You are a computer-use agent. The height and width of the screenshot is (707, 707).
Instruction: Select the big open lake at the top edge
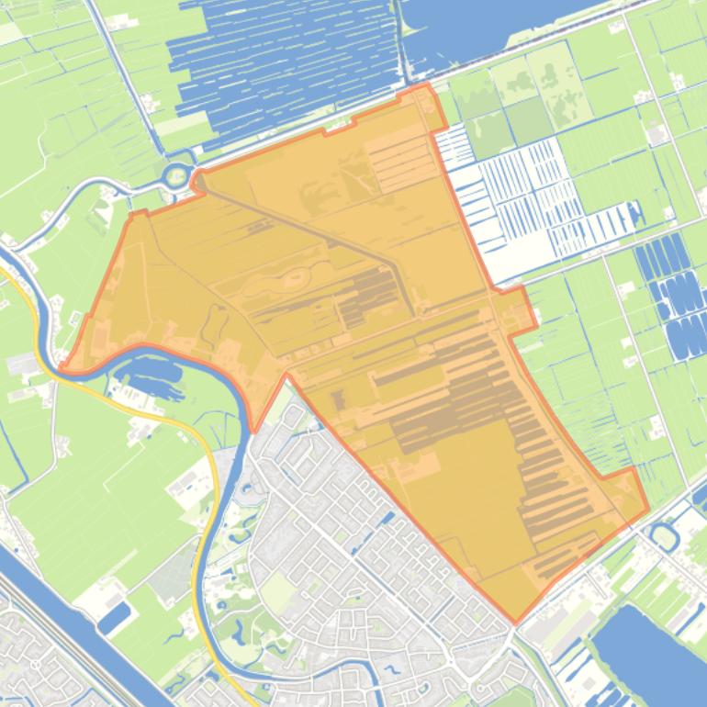point(487,23)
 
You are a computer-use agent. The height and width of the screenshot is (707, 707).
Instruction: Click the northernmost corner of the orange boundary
point(425,85)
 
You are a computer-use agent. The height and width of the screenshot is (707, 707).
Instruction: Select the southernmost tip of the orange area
point(515,623)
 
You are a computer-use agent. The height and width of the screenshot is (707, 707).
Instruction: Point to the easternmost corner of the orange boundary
point(648,508)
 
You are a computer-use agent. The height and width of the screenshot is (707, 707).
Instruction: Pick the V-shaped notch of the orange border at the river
point(254,429)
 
